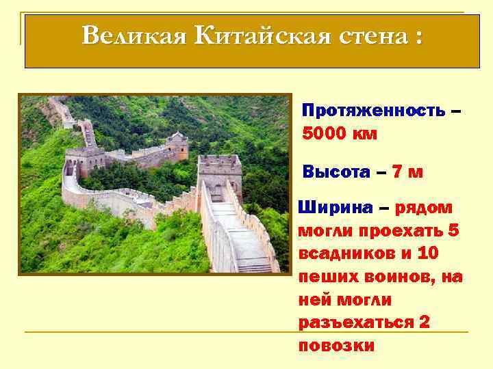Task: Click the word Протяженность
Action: (x=373, y=110)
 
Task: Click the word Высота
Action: (x=331, y=172)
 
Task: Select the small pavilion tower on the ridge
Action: (x=177, y=145)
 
